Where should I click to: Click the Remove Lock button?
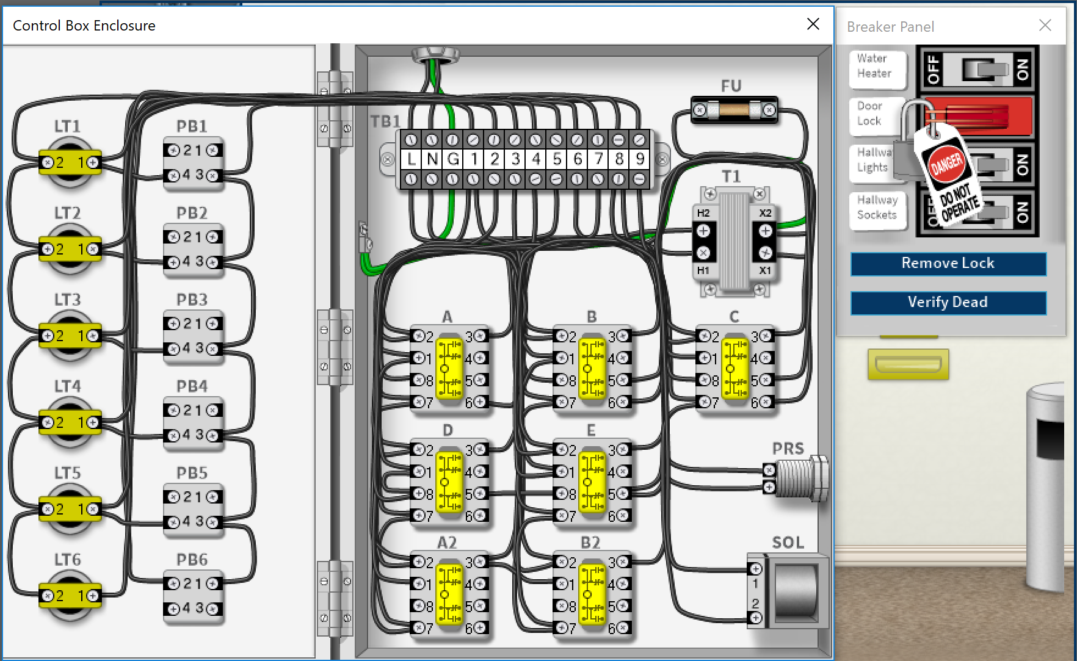tap(948, 264)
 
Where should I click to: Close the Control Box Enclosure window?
tap(813, 24)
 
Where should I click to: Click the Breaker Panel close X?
tap(1045, 26)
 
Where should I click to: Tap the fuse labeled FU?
tap(734, 110)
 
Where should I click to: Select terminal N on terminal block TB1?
tap(432, 159)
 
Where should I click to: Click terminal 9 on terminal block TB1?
tap(640, 159)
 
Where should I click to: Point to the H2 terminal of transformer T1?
tap(703, 231)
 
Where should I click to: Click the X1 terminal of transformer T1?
tap(766, 253)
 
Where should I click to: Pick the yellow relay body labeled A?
tap(449, 369)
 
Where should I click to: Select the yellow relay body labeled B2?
tap(592, 594)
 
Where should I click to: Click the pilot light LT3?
tap(70, 335)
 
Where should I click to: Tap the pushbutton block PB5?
tap(193, 510)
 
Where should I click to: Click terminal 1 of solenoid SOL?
tap(756, 569)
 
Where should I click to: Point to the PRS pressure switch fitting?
tap(800, 479)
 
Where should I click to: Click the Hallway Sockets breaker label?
tap(877, 208)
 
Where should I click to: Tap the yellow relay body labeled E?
tap(592, 482)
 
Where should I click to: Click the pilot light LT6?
tap(70, 595)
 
